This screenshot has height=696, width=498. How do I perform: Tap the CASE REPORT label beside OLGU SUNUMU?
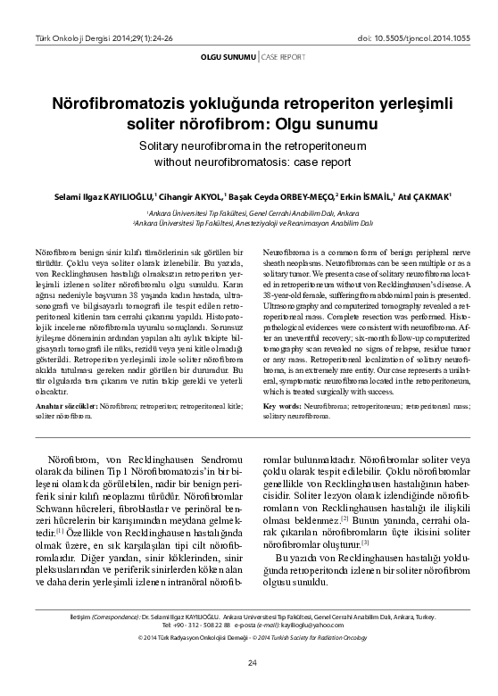(x=282, y=57)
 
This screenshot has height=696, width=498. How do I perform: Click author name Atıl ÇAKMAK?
(x=424, y=195)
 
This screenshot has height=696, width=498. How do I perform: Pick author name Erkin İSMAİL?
(x=366, y=195)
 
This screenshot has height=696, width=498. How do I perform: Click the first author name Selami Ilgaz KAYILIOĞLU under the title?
(x=98, y=195)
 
